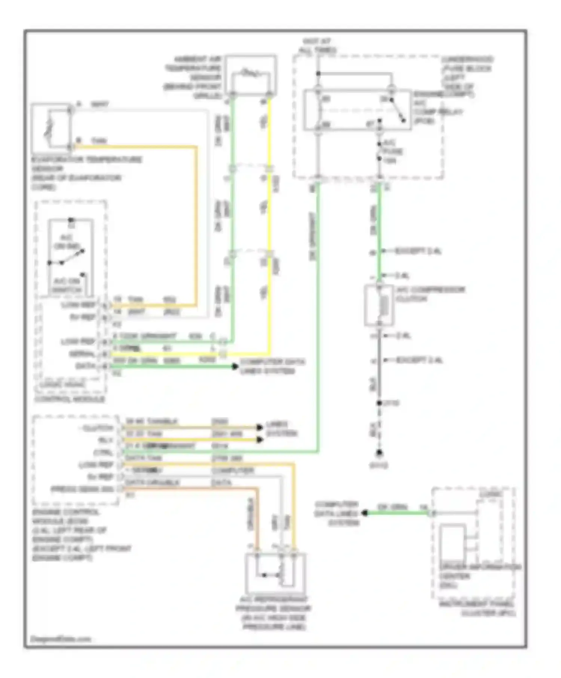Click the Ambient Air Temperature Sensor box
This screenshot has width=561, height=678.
(x=251, y=75)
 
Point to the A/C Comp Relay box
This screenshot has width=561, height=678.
(x=357, y=110)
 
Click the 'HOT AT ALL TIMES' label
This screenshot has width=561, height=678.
(x=317, y=45)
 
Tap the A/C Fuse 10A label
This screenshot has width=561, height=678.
(x=391, y=152)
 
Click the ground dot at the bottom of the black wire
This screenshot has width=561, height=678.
(x=379, y=453)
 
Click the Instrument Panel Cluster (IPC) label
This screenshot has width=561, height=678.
(x=477, y=608)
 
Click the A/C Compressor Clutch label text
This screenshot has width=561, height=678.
(x=430, y=294)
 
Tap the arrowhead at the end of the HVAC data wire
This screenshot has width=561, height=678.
(x=234, y=367)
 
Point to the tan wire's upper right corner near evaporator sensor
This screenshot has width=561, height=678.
(x=196, y=147)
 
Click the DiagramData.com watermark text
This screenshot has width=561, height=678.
(x=60, y=639)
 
